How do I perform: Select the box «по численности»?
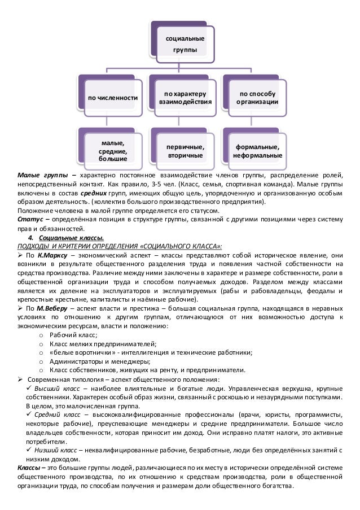click(112, 98)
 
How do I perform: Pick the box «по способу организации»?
click(257, 97)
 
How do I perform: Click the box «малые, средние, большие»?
click(112, 148)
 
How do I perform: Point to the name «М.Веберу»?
click(54, 308)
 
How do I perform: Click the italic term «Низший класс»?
click(56, 451)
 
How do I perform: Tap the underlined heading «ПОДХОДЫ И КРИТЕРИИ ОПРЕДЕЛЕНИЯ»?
click(77, 246)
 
